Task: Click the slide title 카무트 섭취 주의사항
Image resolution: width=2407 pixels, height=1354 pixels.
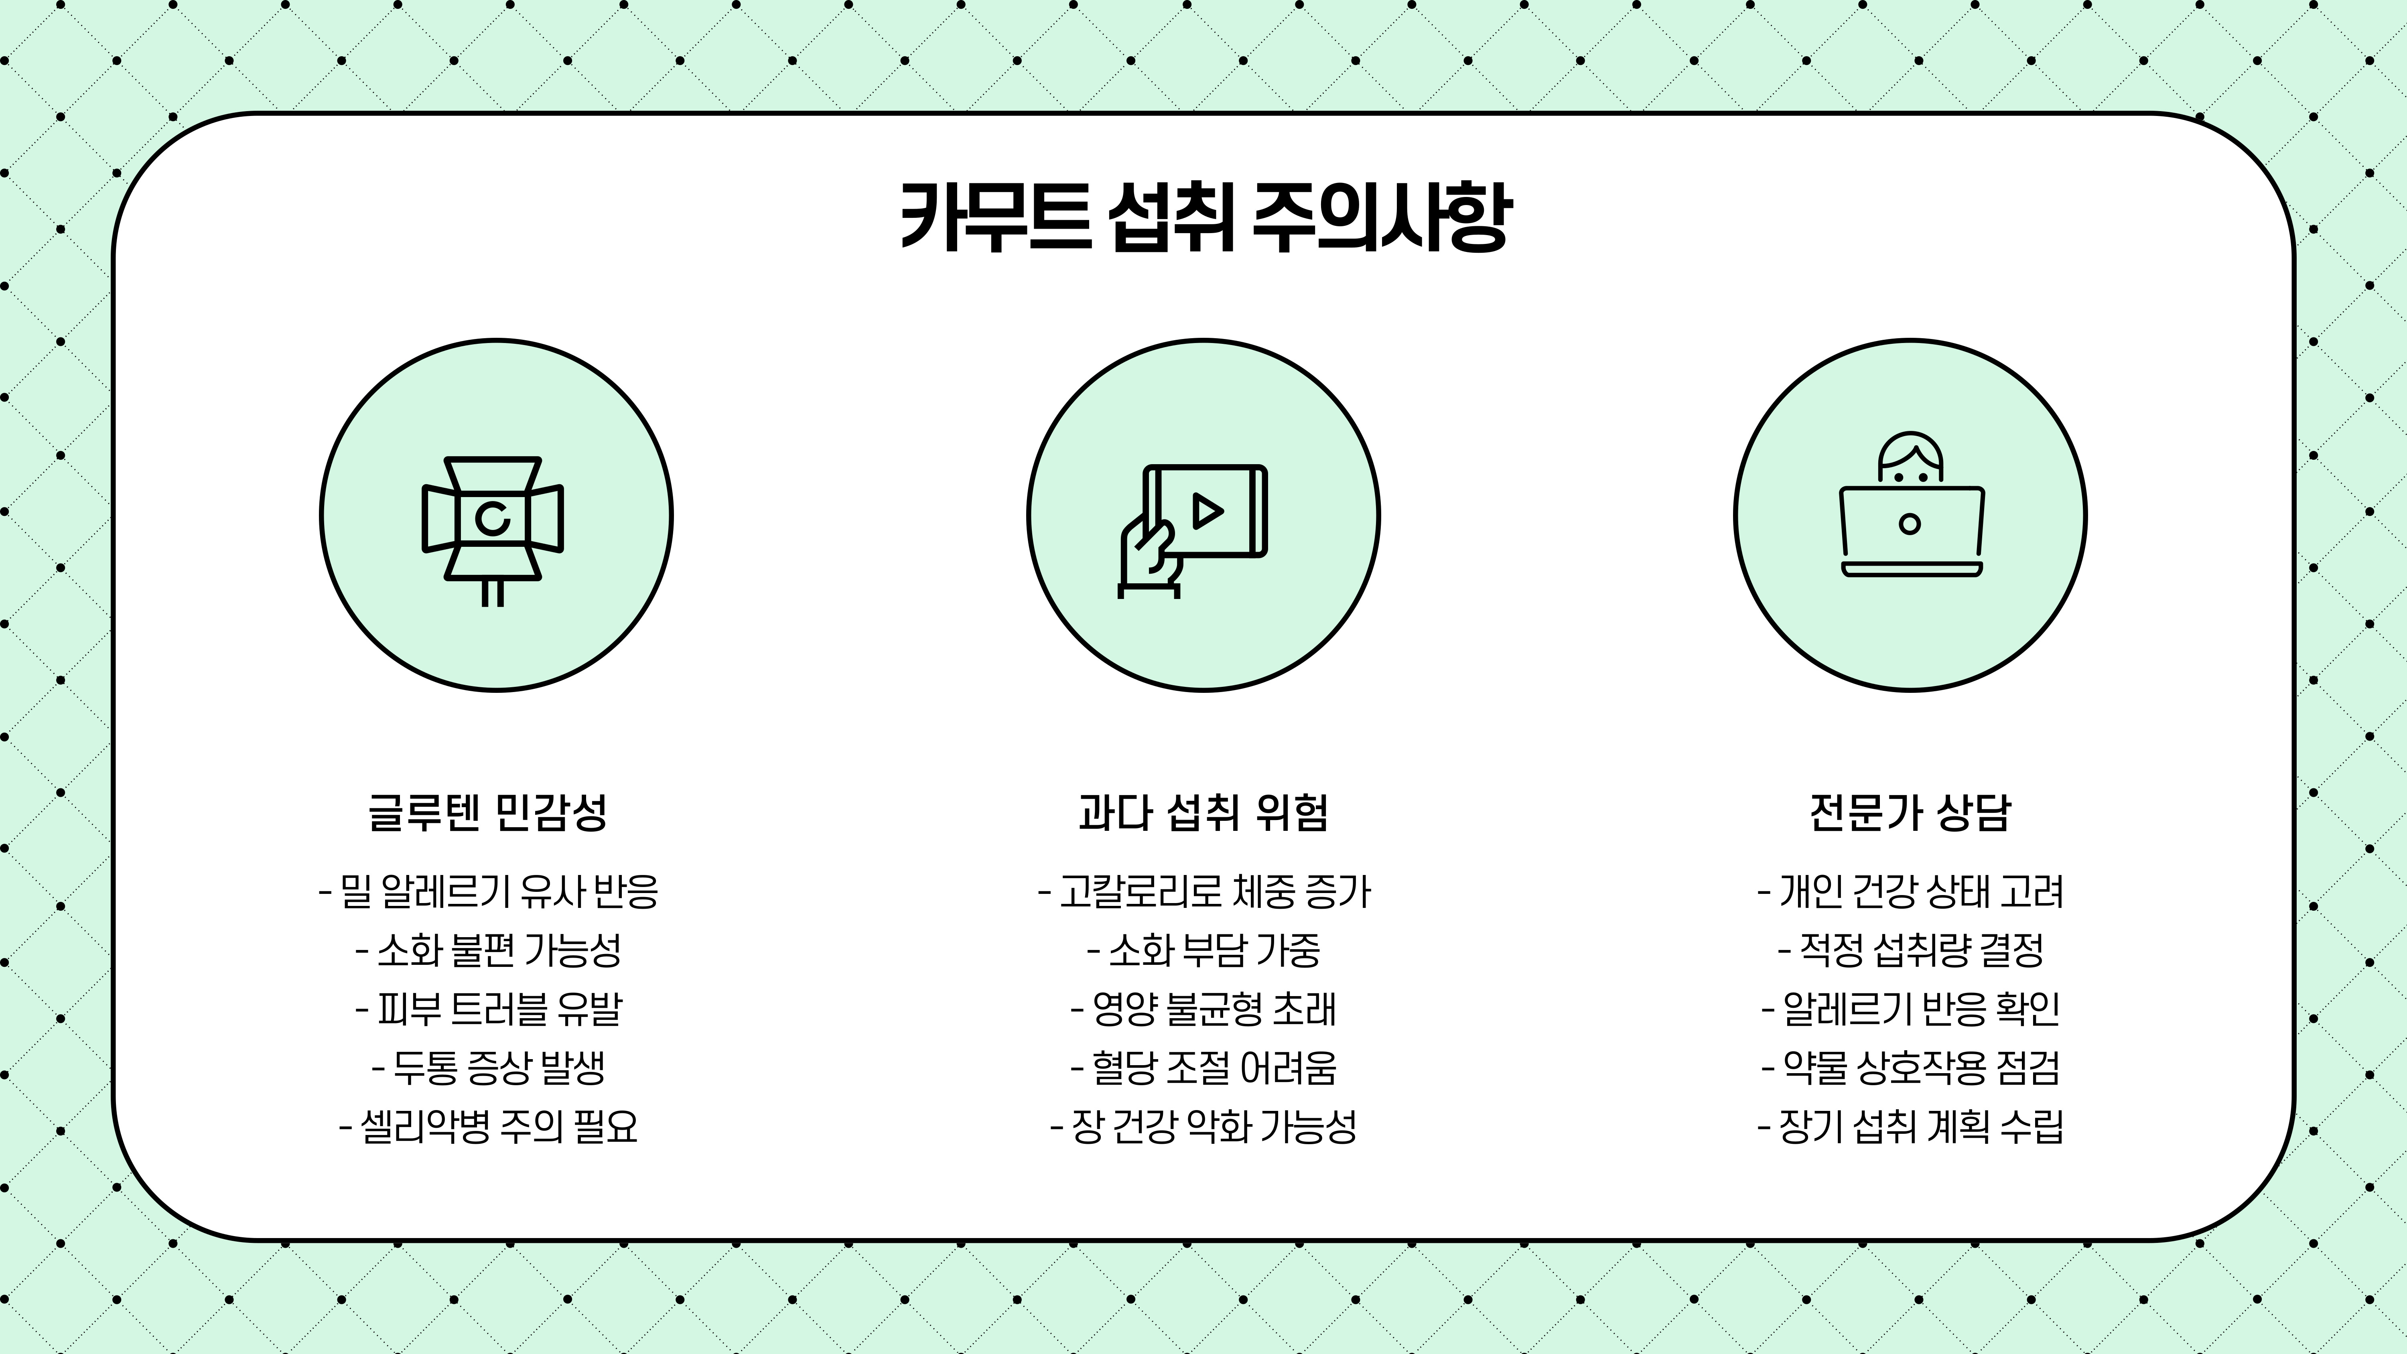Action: pos(1203,217)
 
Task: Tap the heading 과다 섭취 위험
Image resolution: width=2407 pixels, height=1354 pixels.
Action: pos(1203,812)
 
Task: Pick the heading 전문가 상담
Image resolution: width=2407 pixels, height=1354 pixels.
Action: pos(1910,812)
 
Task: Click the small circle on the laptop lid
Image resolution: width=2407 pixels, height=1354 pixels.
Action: pos(1910,523)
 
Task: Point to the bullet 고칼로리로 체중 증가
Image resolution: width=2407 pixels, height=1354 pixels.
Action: pos(1203,891)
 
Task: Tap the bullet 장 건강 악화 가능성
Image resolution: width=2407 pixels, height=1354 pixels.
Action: pos(1203,1126)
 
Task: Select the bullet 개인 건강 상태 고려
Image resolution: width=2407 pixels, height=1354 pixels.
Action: pos(1910,891)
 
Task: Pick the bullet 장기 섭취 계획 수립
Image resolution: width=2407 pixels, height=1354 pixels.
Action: pos(1910,1126)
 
